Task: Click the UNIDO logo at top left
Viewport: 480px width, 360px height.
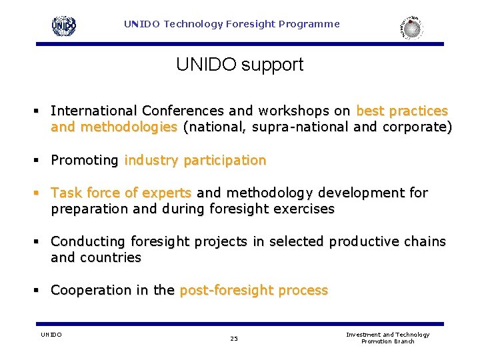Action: [64, 26]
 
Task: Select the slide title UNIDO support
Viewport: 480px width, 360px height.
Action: [239, 65]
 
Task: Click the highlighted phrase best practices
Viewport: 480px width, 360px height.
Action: [402, 111]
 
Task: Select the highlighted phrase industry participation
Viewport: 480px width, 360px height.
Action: [195, 160]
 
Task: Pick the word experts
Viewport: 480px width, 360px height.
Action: [167, 193]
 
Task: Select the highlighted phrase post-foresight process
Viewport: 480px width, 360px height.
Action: [253, 290]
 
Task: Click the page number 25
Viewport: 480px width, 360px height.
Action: [234, 339]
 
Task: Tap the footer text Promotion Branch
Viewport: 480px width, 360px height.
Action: [387, 341]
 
